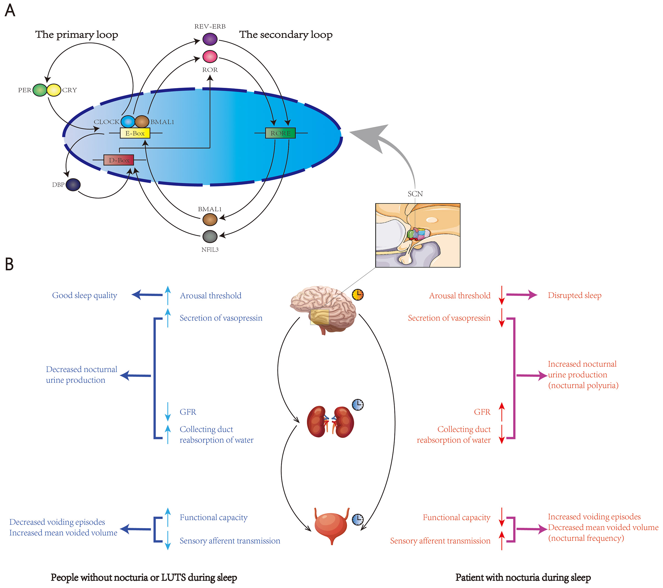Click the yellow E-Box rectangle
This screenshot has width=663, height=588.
(135, 133)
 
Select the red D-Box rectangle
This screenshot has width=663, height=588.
(119, 160)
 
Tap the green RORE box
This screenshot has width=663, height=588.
(281, 133)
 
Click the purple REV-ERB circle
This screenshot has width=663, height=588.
(210, 39)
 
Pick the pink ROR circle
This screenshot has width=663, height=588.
(210, 56)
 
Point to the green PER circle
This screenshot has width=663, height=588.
(40, 90)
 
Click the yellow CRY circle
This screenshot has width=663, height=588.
(54, 90)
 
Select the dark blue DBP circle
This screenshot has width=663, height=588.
(73, 184)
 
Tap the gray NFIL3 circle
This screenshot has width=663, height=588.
(210, 236)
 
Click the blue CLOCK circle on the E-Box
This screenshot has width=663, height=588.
(128, 122)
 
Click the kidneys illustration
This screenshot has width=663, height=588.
(330, 422)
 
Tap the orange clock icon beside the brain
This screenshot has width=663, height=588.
(358, 294)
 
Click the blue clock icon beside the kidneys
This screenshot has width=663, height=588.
(358, 404)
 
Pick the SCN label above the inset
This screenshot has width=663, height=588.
(415, 194)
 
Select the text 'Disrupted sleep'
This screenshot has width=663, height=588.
(574, 296)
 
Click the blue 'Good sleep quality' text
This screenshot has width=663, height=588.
(85, 296)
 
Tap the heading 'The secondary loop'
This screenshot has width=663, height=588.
(286, 34)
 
